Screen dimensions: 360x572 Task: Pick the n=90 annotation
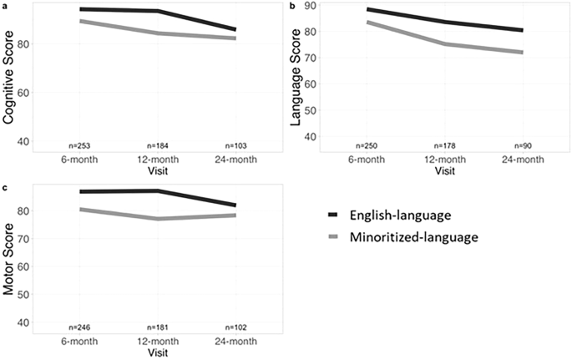click(522, 145)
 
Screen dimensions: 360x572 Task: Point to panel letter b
click(291, 5)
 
